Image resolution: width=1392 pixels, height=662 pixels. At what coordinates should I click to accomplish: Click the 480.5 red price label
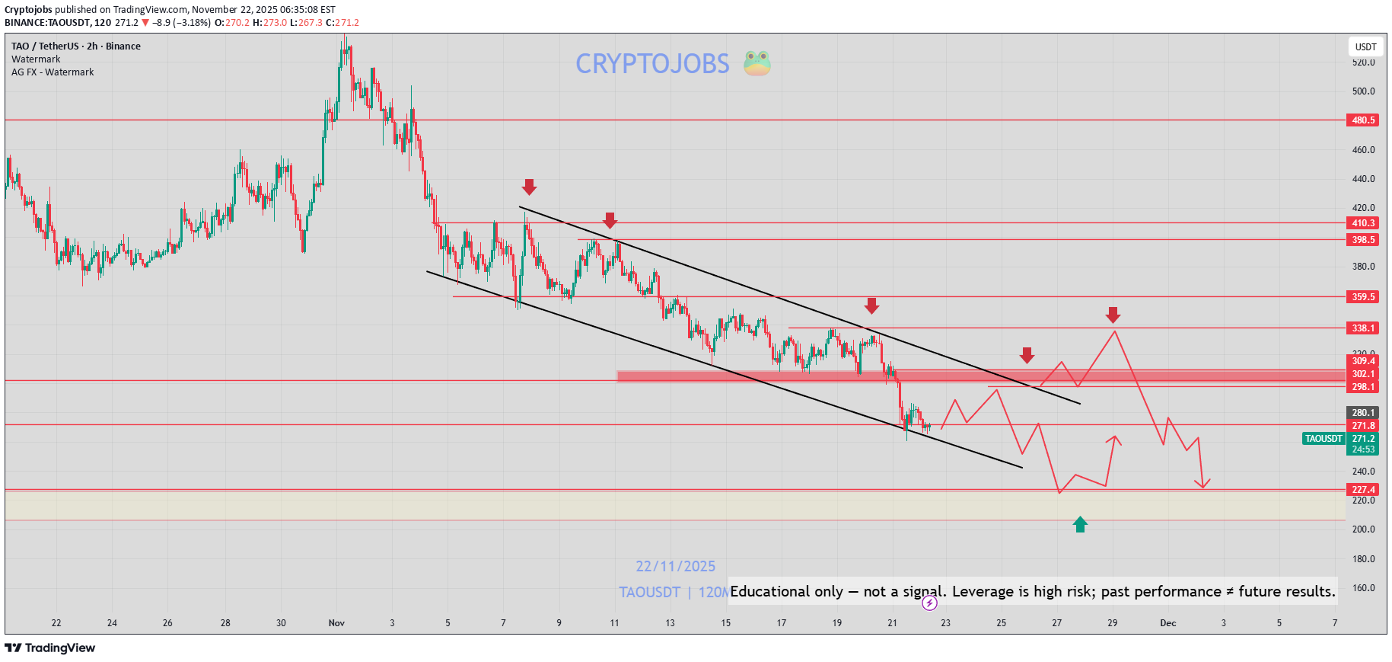click(x=1362, y=120)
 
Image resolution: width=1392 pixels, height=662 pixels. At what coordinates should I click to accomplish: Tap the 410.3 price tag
click(x=1362, y=223)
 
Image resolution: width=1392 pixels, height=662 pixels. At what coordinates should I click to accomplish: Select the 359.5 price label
click(x=1362, y=297)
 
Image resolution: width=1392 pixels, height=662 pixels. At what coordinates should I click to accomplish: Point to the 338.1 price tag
click(x=1362, y=328)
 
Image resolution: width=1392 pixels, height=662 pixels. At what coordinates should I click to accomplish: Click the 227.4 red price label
click(x=1362, y=490)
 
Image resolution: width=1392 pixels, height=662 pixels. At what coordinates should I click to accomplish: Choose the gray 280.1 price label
click(x=1362, y=413)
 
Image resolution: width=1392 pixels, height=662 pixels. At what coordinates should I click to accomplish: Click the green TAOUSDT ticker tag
click(x=1324, y=439)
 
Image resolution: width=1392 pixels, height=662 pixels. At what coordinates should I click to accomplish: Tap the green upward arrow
click(x=1080, y=524)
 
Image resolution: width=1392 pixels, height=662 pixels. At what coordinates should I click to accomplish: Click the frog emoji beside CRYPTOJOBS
click(x=757, y=63)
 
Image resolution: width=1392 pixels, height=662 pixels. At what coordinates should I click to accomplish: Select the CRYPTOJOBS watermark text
click(x=652, y=64)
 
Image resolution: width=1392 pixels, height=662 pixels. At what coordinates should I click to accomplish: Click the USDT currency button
click(x=1365, y=47)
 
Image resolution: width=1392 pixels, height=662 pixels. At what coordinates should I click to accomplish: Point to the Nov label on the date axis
click(x=336, y=623)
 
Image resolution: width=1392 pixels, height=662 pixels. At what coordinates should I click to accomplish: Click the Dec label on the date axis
click(x=1167, y=623)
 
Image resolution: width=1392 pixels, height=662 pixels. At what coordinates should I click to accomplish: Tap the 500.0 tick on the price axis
click(x=1363, y=91)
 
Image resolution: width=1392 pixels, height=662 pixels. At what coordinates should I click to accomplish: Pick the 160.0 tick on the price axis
click(x=1363, y=588)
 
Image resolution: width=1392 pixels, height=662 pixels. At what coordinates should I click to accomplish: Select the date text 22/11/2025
click(x=675, y=567)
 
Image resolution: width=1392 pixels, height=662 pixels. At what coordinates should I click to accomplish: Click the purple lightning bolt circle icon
click(x=929, y=603)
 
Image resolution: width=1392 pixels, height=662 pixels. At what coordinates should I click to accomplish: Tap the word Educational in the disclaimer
click(x=786, y=592)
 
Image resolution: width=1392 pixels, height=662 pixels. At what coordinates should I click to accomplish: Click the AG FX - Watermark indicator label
click(x=53, y=72)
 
